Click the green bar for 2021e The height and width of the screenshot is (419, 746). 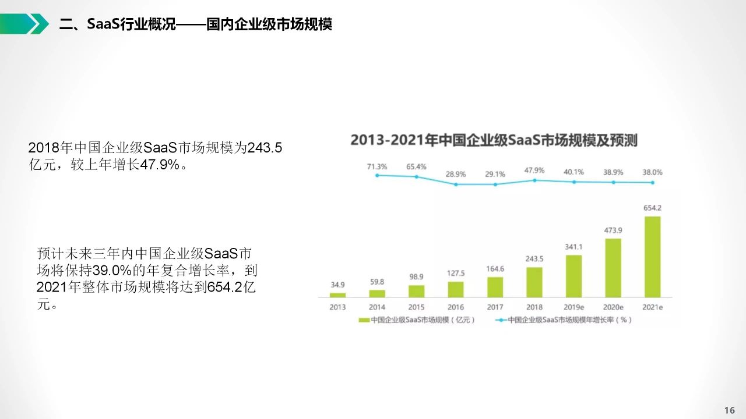[x=653, y=257]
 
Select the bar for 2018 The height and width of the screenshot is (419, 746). [x=534, y=282]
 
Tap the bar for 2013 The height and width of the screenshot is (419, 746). [x=337, y=295]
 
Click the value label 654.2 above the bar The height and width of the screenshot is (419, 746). [x=652, y=208]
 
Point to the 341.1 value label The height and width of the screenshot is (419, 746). [x=573, y=247]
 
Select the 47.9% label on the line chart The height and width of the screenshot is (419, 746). [x=534, y=171]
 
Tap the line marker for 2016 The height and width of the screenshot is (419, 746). [x=456, y=184]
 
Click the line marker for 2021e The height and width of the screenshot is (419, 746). [x=653, y=183]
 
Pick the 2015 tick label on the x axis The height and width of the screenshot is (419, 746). [x=416, y=307]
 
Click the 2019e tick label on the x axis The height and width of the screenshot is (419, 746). [x=573, y=307]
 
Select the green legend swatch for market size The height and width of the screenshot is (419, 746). [x=364, y=320]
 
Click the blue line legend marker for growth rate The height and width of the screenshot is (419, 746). [x=501, y=320]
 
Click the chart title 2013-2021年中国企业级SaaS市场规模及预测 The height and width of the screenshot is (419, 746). [x=494, y=140]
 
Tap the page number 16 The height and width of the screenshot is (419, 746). [x=729, y=410]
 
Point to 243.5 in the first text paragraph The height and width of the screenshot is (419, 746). [x=265, y=148]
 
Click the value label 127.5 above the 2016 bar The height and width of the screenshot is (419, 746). [x=456, y=273]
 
